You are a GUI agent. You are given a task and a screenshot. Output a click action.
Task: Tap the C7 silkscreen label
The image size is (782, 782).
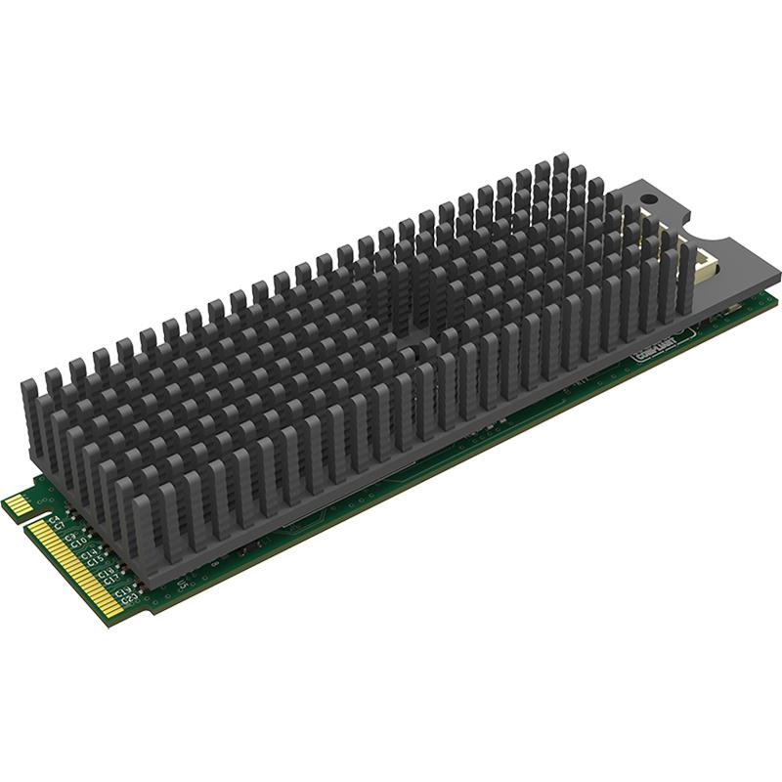point(59,525)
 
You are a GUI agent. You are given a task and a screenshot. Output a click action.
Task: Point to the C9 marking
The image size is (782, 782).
point(68,536)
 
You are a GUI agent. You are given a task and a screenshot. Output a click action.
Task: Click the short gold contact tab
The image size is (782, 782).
point(19,504)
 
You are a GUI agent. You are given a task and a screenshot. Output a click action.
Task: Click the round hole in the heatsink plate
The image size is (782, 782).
point(645,200)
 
